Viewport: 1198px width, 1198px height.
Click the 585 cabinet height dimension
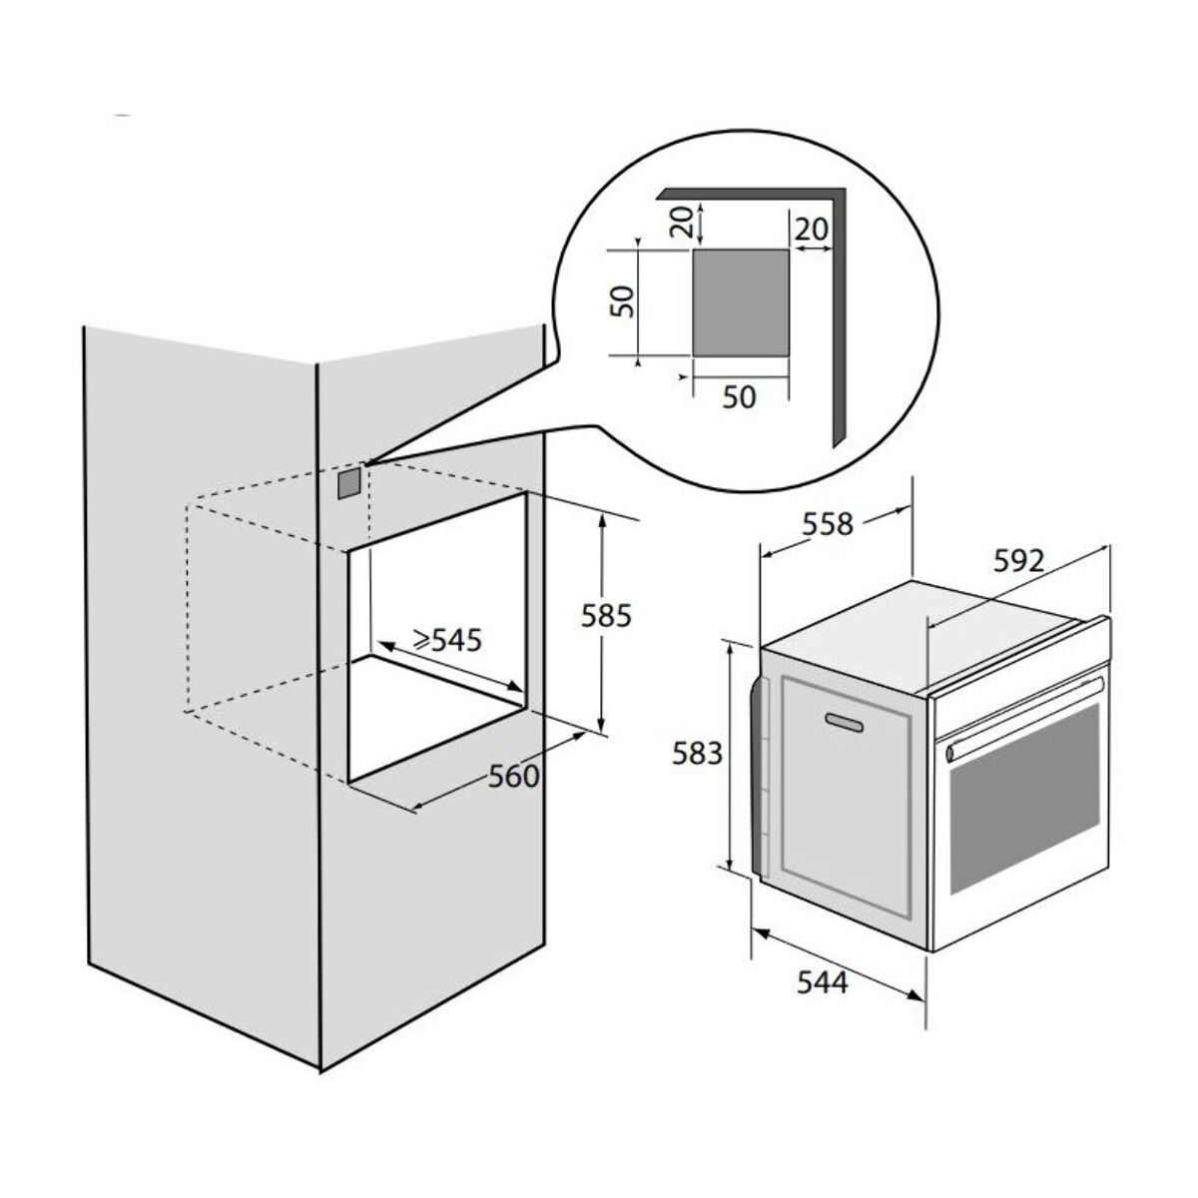click(606, 615)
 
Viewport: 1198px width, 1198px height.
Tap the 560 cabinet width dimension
click(513, 777)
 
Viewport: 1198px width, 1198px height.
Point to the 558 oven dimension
click(828, 525)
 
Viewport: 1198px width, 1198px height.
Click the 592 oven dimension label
click(1018, 561)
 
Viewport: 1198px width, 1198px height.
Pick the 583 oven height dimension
click(697, 754)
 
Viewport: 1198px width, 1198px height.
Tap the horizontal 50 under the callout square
click(739, 396)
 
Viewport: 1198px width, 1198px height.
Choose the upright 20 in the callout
click(812, 230)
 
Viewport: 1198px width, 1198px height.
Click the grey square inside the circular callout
click(741, 302)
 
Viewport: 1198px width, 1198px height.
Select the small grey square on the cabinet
click(348, 483)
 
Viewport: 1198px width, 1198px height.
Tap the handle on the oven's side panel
click(844, 722)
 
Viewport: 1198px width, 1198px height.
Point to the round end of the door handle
click(950, 755)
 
